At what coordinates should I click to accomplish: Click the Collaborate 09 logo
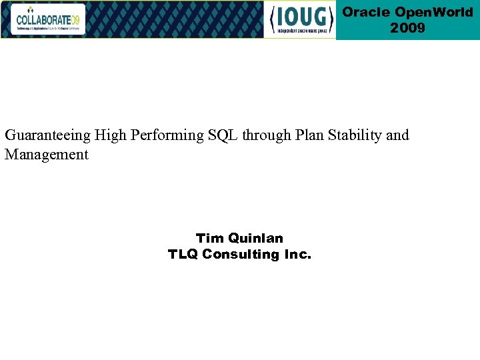coord(47,19)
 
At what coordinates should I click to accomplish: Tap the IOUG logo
coord(301,20)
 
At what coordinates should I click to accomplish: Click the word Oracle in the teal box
coord(366,13)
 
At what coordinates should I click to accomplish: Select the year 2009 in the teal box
coord(407,28)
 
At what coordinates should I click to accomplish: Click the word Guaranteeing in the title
coord(47,135)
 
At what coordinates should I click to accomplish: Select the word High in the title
coord(109,135)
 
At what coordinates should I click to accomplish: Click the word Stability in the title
coord(356,135)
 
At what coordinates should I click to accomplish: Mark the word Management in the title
coord(47,155)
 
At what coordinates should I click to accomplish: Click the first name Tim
coord(209,238)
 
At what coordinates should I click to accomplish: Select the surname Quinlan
coord(255,238)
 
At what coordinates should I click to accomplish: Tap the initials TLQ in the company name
coord(183,254)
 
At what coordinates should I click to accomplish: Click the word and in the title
coord(397,135)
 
